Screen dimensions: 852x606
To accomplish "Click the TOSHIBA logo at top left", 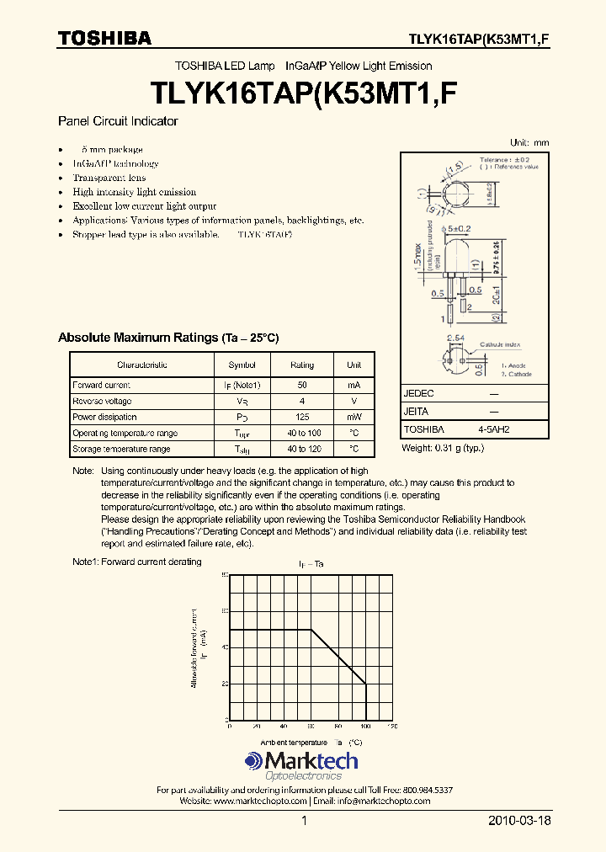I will (x=104, y=38).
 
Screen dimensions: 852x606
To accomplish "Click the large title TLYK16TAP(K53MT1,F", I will (x=303, y=92).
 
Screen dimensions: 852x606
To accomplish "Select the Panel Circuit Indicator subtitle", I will (x=118, y=121).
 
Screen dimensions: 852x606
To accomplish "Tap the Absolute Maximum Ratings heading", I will (x=167, y=338).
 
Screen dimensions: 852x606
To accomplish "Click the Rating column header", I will (x=302, y=365).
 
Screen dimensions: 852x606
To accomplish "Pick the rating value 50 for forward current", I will (x=302, y=385).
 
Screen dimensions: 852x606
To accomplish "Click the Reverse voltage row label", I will (x=102, y=401).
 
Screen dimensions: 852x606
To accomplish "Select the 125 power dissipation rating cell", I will (x=302, y=417).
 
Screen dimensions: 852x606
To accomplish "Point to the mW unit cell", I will (x=353, y=417).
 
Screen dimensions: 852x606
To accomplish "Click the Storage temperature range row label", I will (x=121, y=449).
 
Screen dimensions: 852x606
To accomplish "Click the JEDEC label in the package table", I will (x=419, y=394).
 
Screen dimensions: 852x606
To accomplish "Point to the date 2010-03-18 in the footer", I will (x=519, y=820).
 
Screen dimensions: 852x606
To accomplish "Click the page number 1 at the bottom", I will (x=304, y=820).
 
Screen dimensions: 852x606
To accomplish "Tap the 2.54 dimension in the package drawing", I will (x=454, y=338).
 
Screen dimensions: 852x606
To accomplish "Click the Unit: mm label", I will (x=529, y=143).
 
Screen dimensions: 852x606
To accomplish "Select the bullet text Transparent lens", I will (x=109, y=178).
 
